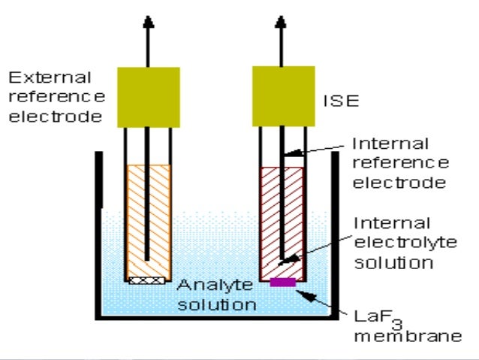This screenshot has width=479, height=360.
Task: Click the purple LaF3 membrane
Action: point(282,283)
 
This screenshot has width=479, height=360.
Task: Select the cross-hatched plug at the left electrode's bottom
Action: point(147,281)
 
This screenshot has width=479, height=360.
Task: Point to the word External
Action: point(50,77)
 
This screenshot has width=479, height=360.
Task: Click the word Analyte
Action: point(206,286)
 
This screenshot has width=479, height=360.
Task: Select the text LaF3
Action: point(373,316)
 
